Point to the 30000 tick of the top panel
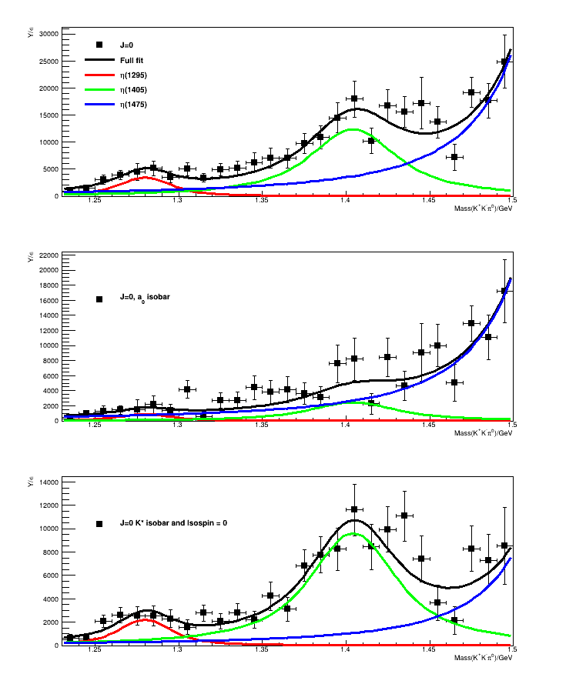tap(48, 34)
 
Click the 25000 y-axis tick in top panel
tap(48, 61)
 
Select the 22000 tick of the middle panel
tap(48, 255)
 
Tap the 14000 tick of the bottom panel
tap(48, 482)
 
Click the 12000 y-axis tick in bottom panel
tap(48, 505)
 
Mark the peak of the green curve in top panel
tap(352, 129)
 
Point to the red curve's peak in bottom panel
tap(146, 619)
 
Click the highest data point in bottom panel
tap(354, 509)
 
